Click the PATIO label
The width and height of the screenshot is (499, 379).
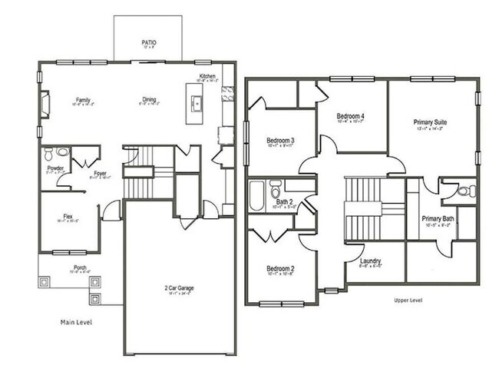pos(149,43)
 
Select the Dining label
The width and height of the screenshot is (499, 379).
pos(149,99)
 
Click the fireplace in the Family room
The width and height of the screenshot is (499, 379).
pos(44,103)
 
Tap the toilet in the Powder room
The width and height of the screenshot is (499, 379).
pos(48,152)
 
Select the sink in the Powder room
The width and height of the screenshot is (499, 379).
pos(63,151)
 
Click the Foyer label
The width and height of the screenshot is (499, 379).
pos(100,173)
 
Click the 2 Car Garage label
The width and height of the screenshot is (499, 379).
pos(179,288)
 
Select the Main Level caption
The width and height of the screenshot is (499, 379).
pos(76,322)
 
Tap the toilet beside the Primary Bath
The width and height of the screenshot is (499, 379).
pos(468,191)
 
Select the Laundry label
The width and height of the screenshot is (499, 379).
pos(370,261)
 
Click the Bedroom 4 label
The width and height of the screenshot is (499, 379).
pos(351,116)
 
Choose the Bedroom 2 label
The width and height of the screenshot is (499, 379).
pos(280,268)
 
